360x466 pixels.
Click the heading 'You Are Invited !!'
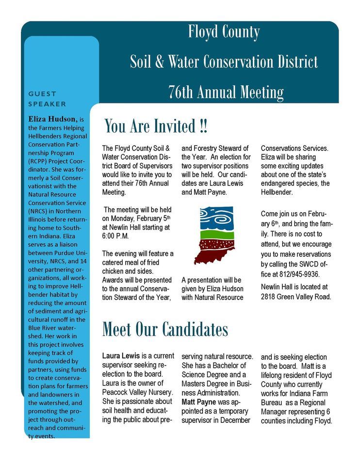click(x=156, y=126)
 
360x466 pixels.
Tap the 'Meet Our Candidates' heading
click(x=165, y=329)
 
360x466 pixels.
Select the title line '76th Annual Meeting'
click(x=226, y=91)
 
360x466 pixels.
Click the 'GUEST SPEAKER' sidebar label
click(x=47, y=99)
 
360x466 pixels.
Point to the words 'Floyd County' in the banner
click(x=224, y=32)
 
